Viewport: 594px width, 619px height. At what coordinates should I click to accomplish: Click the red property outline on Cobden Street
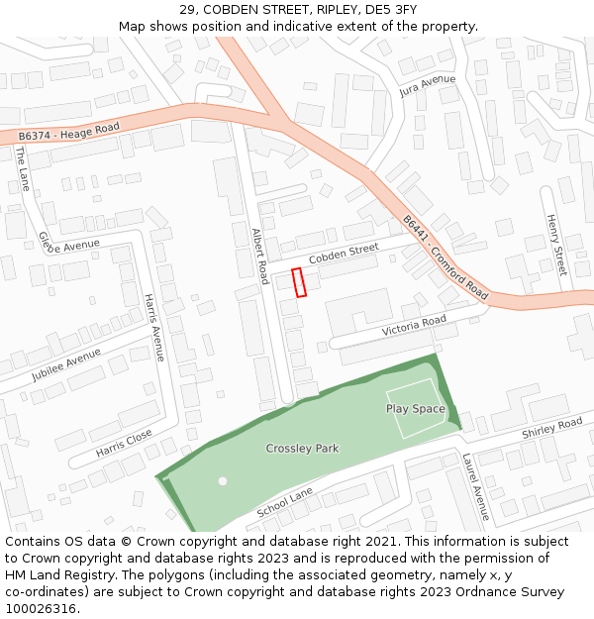299,282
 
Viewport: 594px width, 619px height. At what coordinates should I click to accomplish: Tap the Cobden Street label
344,254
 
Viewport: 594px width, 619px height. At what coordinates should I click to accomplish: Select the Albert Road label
260,257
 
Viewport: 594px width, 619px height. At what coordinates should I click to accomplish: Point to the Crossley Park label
302,449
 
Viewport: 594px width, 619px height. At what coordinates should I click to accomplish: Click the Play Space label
415,409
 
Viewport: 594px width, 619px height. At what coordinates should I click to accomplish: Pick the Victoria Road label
414,325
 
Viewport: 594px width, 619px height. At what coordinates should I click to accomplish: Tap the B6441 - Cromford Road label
445,258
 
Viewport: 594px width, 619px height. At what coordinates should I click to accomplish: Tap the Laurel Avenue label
475,487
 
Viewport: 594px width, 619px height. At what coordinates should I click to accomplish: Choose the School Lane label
284,503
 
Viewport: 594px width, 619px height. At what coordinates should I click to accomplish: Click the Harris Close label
124,443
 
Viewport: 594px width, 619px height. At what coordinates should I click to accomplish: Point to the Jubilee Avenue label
65,364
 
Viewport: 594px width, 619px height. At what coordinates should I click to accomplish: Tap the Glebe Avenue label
69,243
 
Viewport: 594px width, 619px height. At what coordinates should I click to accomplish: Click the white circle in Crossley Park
223,480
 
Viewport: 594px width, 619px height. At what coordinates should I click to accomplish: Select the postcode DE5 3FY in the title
391,9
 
